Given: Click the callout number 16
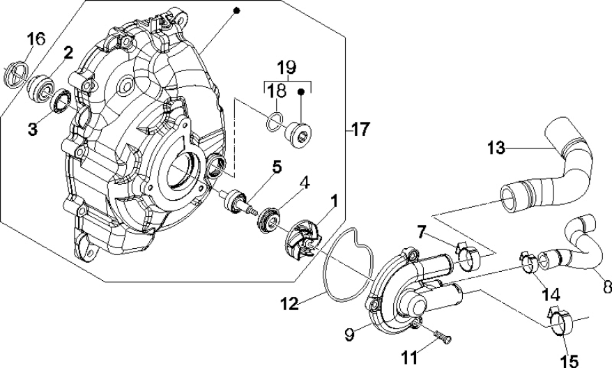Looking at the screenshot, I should click(x=36, y=39).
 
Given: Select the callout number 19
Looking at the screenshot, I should click(x=286, y=68).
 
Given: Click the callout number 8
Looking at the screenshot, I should click(x=604, y=286).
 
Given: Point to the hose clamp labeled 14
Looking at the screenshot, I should click(x=531, y=262).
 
